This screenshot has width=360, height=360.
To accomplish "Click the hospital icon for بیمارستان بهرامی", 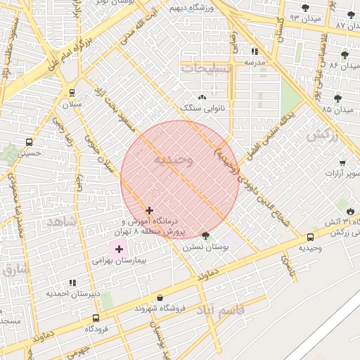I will click(x=119, y=248).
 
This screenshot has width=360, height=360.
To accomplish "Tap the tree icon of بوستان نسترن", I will click(x=205, y=236).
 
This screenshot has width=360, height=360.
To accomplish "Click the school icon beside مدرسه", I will click(x=255, y=51).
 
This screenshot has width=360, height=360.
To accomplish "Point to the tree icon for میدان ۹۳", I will click(x=305, y=8).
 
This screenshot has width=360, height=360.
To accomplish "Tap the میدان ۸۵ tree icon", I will click(x=337, y=98).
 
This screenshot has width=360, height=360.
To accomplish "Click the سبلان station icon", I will click(x=72, y=92).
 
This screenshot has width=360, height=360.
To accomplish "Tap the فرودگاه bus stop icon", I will click(x=96, y=317).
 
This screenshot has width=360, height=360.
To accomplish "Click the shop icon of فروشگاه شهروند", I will click(x=160, y=297).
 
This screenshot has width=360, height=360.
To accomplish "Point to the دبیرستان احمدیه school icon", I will click(x=72, y=283).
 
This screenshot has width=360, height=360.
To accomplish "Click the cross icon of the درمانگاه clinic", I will click(x=149, y=210).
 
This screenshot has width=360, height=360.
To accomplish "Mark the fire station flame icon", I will click(x=350, y=210).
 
